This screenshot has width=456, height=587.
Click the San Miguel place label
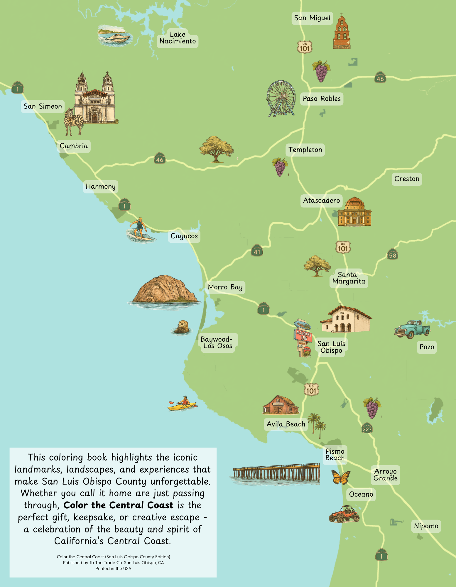click(312, 18)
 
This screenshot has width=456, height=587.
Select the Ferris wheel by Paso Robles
click(281, 98)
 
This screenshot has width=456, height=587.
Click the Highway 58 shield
click(393, 254)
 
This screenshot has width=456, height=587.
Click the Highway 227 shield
click(367, 428)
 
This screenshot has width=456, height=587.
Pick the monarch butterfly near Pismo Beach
click(341, 477)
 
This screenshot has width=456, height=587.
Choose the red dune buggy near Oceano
click(344, 514)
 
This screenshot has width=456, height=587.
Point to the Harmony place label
click(101, 187)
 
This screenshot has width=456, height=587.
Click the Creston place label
click(407, 179)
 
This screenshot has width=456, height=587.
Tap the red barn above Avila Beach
click(280, 405)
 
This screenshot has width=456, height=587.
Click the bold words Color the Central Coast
click(119, 505)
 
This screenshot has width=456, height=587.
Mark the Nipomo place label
click(426, 526)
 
